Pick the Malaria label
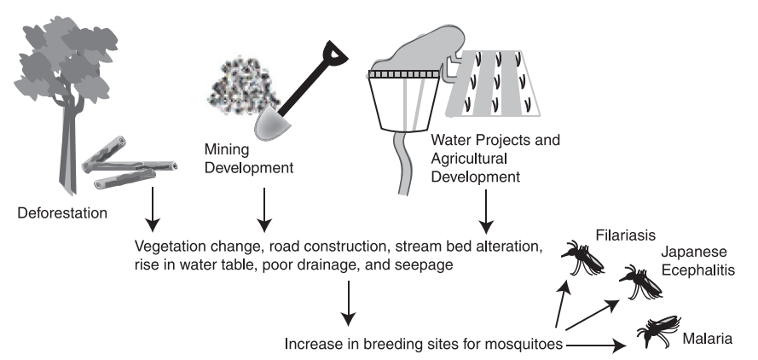click(707, 340)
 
